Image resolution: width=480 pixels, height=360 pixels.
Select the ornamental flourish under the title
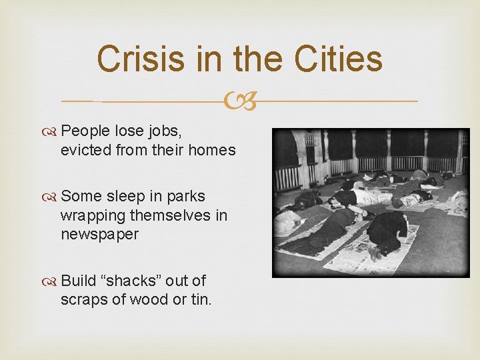pos(239,101)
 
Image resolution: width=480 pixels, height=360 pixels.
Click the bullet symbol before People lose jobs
pos(51,131)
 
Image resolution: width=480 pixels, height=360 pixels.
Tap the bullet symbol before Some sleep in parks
pos(51,197)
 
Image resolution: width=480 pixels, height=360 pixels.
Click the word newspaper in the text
pos(99,234)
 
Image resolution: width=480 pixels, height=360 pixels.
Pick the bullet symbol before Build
pos(51,281)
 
